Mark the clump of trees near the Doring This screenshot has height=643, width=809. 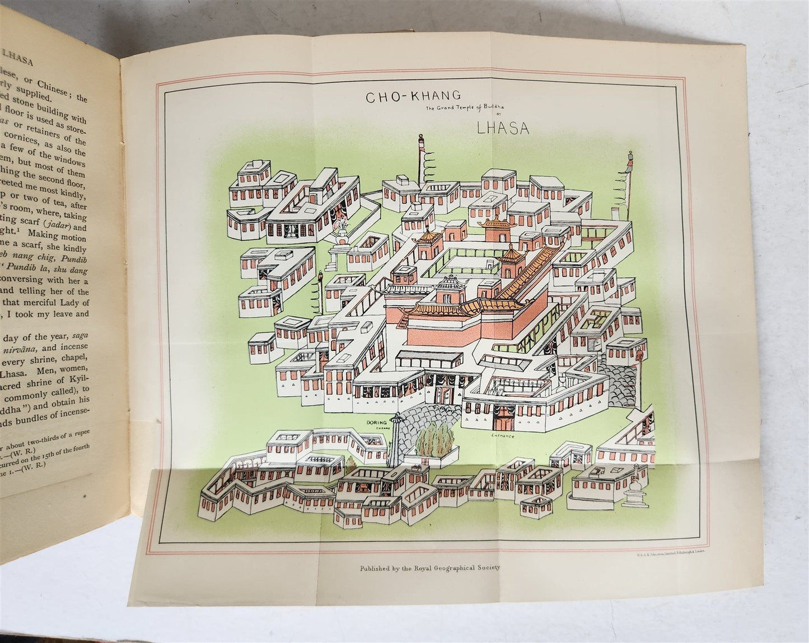click(x=434, y=444)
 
